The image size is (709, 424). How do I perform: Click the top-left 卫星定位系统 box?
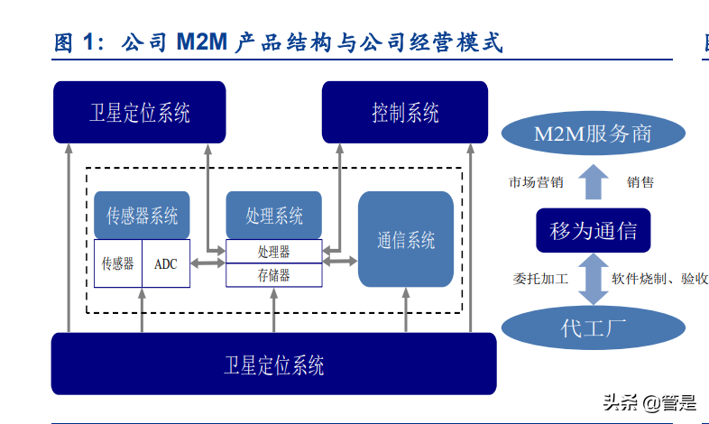point(139,113)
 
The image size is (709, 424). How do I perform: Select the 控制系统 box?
point(405,113)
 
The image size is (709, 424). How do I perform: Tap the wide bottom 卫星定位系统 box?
point(273,364)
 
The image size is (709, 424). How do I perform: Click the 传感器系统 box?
point(142,216)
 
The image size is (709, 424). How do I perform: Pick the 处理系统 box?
point(273,216)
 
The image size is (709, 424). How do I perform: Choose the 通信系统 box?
point(406,240)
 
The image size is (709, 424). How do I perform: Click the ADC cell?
point(166,263)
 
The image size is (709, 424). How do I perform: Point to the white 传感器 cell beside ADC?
point(117,263)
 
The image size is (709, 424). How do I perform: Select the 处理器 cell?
point(273,251)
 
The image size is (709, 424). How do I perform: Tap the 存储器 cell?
point(273,275)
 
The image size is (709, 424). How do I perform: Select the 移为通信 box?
point(593,231)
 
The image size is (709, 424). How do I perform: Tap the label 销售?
point(640,182)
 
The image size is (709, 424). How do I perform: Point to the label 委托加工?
point(540,279)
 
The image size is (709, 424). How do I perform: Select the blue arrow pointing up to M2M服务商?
point(593,182)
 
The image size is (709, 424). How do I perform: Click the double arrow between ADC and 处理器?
point(208,263)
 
